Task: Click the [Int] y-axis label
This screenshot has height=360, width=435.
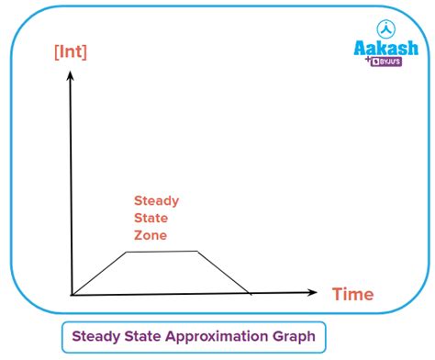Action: click(x=71, y=52)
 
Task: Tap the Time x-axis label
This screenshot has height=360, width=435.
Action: click(x=352, y=295)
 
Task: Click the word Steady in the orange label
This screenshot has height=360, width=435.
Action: click(x=157, y=200)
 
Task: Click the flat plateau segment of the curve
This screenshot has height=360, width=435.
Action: click(x=162, y=252)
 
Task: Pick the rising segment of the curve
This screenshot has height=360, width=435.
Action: click(x=99, y=273)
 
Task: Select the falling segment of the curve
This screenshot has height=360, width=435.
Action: click(x=225, y=273)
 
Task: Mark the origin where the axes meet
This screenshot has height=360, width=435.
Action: click(x=72, y=295)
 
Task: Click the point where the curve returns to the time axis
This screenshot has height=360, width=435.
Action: click(x=251, y=294)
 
